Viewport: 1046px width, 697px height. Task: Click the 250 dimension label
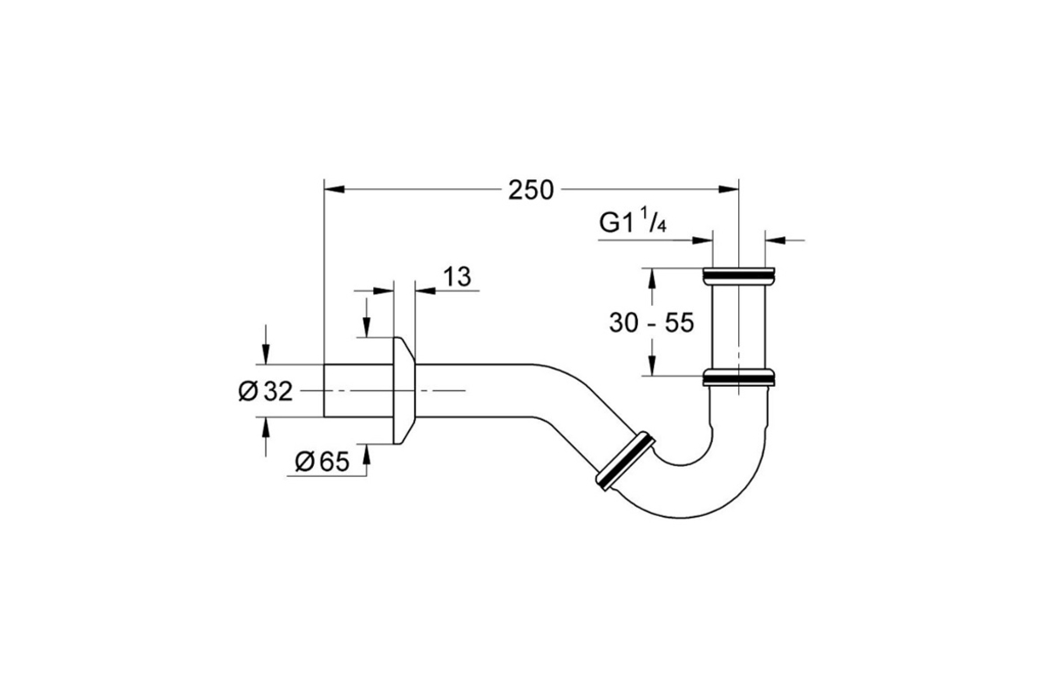531,191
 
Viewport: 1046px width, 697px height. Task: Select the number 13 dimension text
457,276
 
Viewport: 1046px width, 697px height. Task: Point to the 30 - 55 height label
651,322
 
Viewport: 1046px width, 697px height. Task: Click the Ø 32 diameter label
265,391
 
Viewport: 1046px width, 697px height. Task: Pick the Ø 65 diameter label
323,462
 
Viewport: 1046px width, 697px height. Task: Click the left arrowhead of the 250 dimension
335,190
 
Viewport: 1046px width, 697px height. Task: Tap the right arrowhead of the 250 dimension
729,190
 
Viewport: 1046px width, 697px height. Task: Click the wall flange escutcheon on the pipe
404,390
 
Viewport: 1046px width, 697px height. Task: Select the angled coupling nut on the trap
625,461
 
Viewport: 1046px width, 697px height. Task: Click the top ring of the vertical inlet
739,276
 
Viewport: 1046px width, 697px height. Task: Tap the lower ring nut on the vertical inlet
739,377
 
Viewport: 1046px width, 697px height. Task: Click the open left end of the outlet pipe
324,390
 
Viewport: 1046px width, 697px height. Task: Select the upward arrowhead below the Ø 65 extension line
367,455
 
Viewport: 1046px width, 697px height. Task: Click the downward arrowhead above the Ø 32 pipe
266,354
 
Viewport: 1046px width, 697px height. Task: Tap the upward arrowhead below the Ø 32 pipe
266,428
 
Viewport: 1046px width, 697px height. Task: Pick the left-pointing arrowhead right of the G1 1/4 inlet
776,240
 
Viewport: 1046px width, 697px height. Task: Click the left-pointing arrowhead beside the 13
425,291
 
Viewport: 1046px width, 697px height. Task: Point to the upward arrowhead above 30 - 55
652,279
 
